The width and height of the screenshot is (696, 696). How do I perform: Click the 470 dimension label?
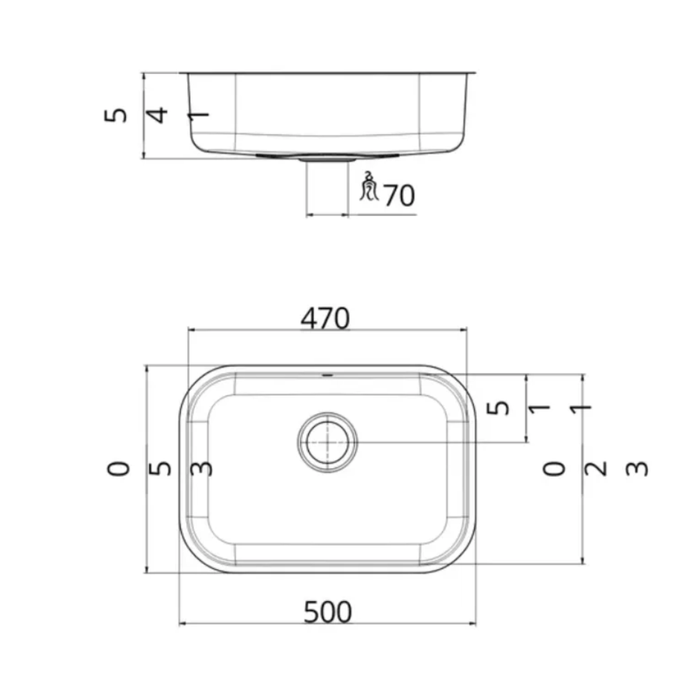click(x=325, y=318)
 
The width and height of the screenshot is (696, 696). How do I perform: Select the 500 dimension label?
click(x=328, y=612)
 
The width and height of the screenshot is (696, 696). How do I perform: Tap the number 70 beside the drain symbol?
click(x=399, y=195)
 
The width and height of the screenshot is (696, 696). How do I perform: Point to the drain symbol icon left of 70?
click(x=369, y=186)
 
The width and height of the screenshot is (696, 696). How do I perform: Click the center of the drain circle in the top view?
click(x=327, y=442)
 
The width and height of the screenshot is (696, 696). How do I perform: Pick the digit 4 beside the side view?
click(x=157, y=115)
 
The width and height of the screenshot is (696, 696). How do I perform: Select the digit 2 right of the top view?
click(x=595, y=469)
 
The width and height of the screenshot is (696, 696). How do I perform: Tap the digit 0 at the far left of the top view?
click(x=118, y=469)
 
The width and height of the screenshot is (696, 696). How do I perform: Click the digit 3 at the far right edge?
click(x=637, y=469)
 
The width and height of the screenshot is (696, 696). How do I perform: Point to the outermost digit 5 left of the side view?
click(x=116, y=115)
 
